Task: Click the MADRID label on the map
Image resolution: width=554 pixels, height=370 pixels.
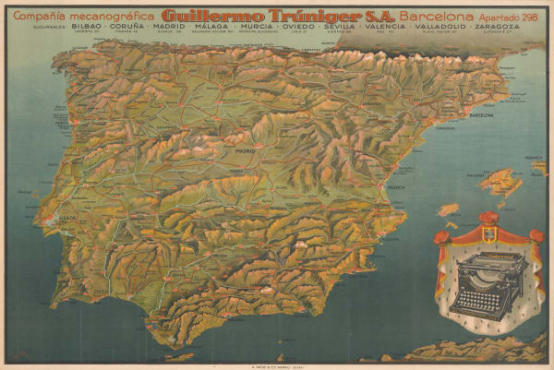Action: point(245,149)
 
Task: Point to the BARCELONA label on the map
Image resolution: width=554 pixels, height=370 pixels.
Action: point(482,117)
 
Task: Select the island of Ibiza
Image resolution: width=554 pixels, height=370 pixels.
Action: point(448,210)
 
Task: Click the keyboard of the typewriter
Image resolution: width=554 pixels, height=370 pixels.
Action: point(484,297)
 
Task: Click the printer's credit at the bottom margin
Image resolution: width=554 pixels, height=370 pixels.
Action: point(276,364)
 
